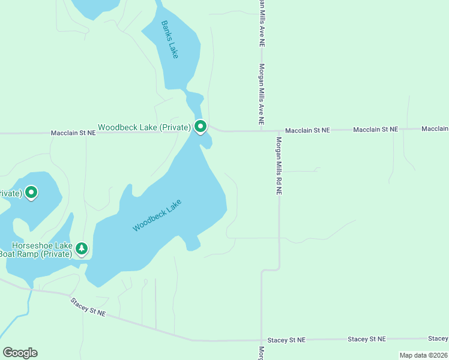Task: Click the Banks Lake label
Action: [170, 40]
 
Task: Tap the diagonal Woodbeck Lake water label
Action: [157, 215]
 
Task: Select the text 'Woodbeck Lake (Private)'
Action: [144, 127]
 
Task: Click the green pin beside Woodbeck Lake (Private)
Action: [200, 127]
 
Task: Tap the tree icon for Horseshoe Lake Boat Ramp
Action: [82, 248]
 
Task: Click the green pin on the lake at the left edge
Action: [31, 193]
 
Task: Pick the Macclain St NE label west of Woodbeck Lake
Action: [73, 133]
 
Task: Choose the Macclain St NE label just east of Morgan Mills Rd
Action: [307, 130]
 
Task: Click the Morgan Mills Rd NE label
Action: [279, 166]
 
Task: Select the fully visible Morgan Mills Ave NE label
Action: [262, 94]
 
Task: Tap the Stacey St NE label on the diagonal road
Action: [88, 307]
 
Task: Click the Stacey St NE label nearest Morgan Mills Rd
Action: [286, 340]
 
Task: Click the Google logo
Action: [20, 353]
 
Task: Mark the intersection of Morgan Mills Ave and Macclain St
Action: [262, 130]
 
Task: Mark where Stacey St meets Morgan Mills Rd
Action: [262, 340]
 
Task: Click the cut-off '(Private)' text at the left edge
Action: [11, 193]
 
